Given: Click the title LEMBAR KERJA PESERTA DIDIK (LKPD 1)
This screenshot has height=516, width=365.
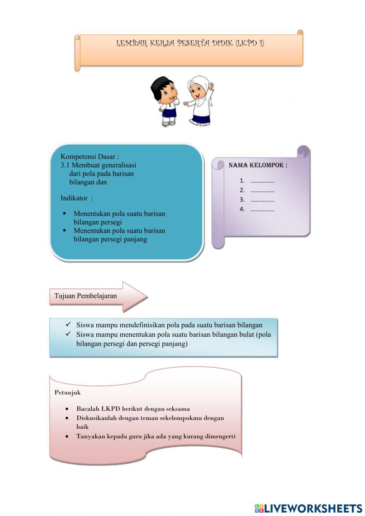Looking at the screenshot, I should point(190,43).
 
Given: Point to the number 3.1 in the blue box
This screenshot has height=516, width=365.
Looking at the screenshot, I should point(65,165).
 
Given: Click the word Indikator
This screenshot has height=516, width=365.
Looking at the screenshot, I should point(74,198).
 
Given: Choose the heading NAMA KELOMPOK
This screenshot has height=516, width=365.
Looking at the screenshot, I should point(258,165).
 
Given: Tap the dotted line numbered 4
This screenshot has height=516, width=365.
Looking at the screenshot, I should point(262,210).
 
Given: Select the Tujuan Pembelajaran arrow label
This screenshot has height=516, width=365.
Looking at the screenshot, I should point(86,296).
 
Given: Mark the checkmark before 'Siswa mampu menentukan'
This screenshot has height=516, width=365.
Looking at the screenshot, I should point(68,334).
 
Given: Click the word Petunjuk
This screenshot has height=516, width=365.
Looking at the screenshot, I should point(68,393).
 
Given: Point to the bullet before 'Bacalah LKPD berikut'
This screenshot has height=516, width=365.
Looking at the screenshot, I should point(67,409).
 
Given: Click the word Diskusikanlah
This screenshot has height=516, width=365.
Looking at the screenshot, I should point(96,418).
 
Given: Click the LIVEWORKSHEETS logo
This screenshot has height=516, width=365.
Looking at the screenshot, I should point(308,508).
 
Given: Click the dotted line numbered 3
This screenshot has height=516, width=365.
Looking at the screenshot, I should point(262,200).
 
